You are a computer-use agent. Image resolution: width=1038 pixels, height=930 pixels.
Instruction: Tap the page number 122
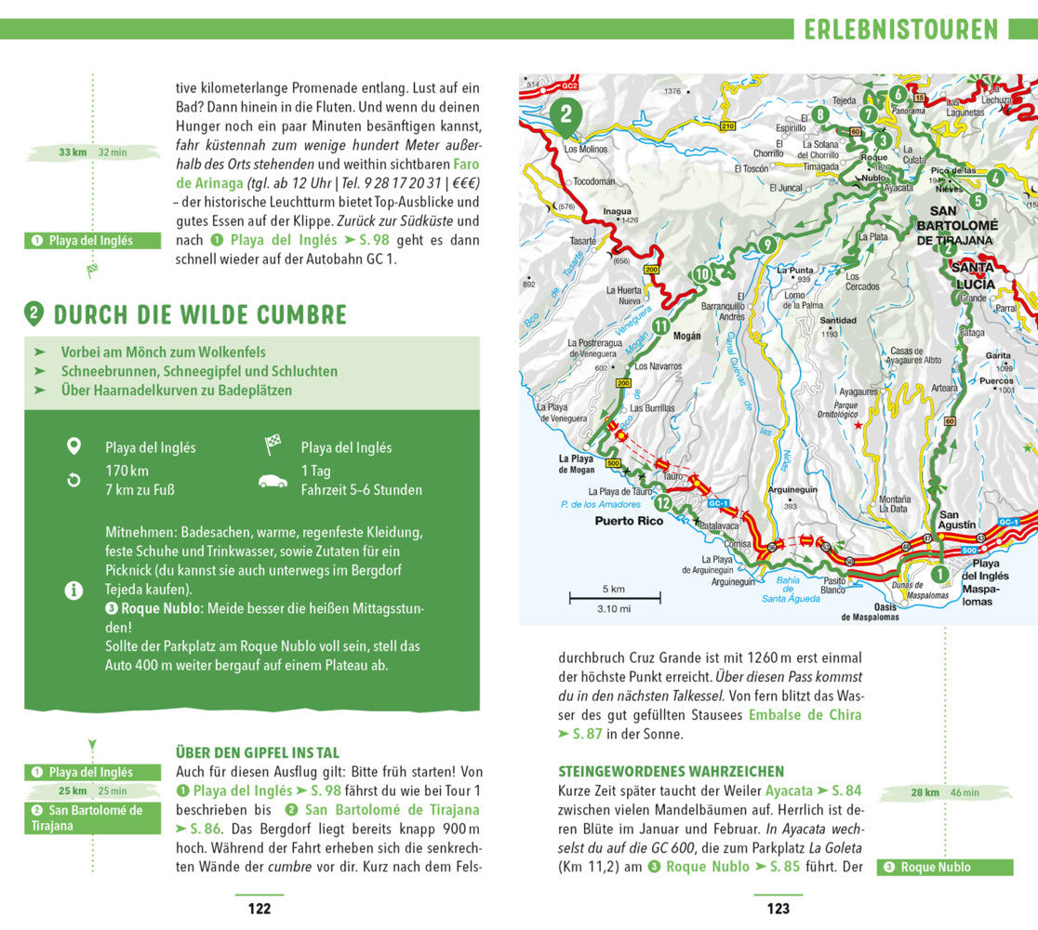[259, 909]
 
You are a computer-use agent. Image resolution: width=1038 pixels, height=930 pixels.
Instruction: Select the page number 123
[778, 909]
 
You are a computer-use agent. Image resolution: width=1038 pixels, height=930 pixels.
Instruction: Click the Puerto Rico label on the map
[629, 521]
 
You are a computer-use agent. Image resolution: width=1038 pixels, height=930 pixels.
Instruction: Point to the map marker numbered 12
[662, 503]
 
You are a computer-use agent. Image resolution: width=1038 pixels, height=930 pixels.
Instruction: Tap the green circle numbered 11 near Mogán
[660, 325]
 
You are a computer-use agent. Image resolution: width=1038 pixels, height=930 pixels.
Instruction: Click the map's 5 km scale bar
[614, 596]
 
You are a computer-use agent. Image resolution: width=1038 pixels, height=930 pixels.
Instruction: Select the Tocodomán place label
[594, 181]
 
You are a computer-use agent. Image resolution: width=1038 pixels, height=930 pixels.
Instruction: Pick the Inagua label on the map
[617, 211]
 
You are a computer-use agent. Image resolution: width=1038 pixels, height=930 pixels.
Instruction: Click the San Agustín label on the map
[957, 520]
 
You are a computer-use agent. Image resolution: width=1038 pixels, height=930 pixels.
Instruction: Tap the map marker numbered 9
[766, 245]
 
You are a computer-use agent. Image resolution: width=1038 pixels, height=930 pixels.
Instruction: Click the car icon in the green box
[273, 482]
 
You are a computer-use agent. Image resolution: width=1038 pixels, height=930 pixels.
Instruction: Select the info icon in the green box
[74, 590]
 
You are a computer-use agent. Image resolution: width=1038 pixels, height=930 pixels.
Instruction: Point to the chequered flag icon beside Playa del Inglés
[273, 445]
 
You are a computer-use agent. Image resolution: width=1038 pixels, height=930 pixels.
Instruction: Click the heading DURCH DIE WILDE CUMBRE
[199, 314]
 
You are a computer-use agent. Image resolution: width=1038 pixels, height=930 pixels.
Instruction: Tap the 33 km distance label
[72, 152]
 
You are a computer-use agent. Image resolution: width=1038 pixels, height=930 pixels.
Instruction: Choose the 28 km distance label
[925, 792]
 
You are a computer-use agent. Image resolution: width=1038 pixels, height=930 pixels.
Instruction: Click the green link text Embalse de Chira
[805, 715]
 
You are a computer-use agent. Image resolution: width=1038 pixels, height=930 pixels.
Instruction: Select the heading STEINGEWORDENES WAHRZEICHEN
[671, 771]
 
